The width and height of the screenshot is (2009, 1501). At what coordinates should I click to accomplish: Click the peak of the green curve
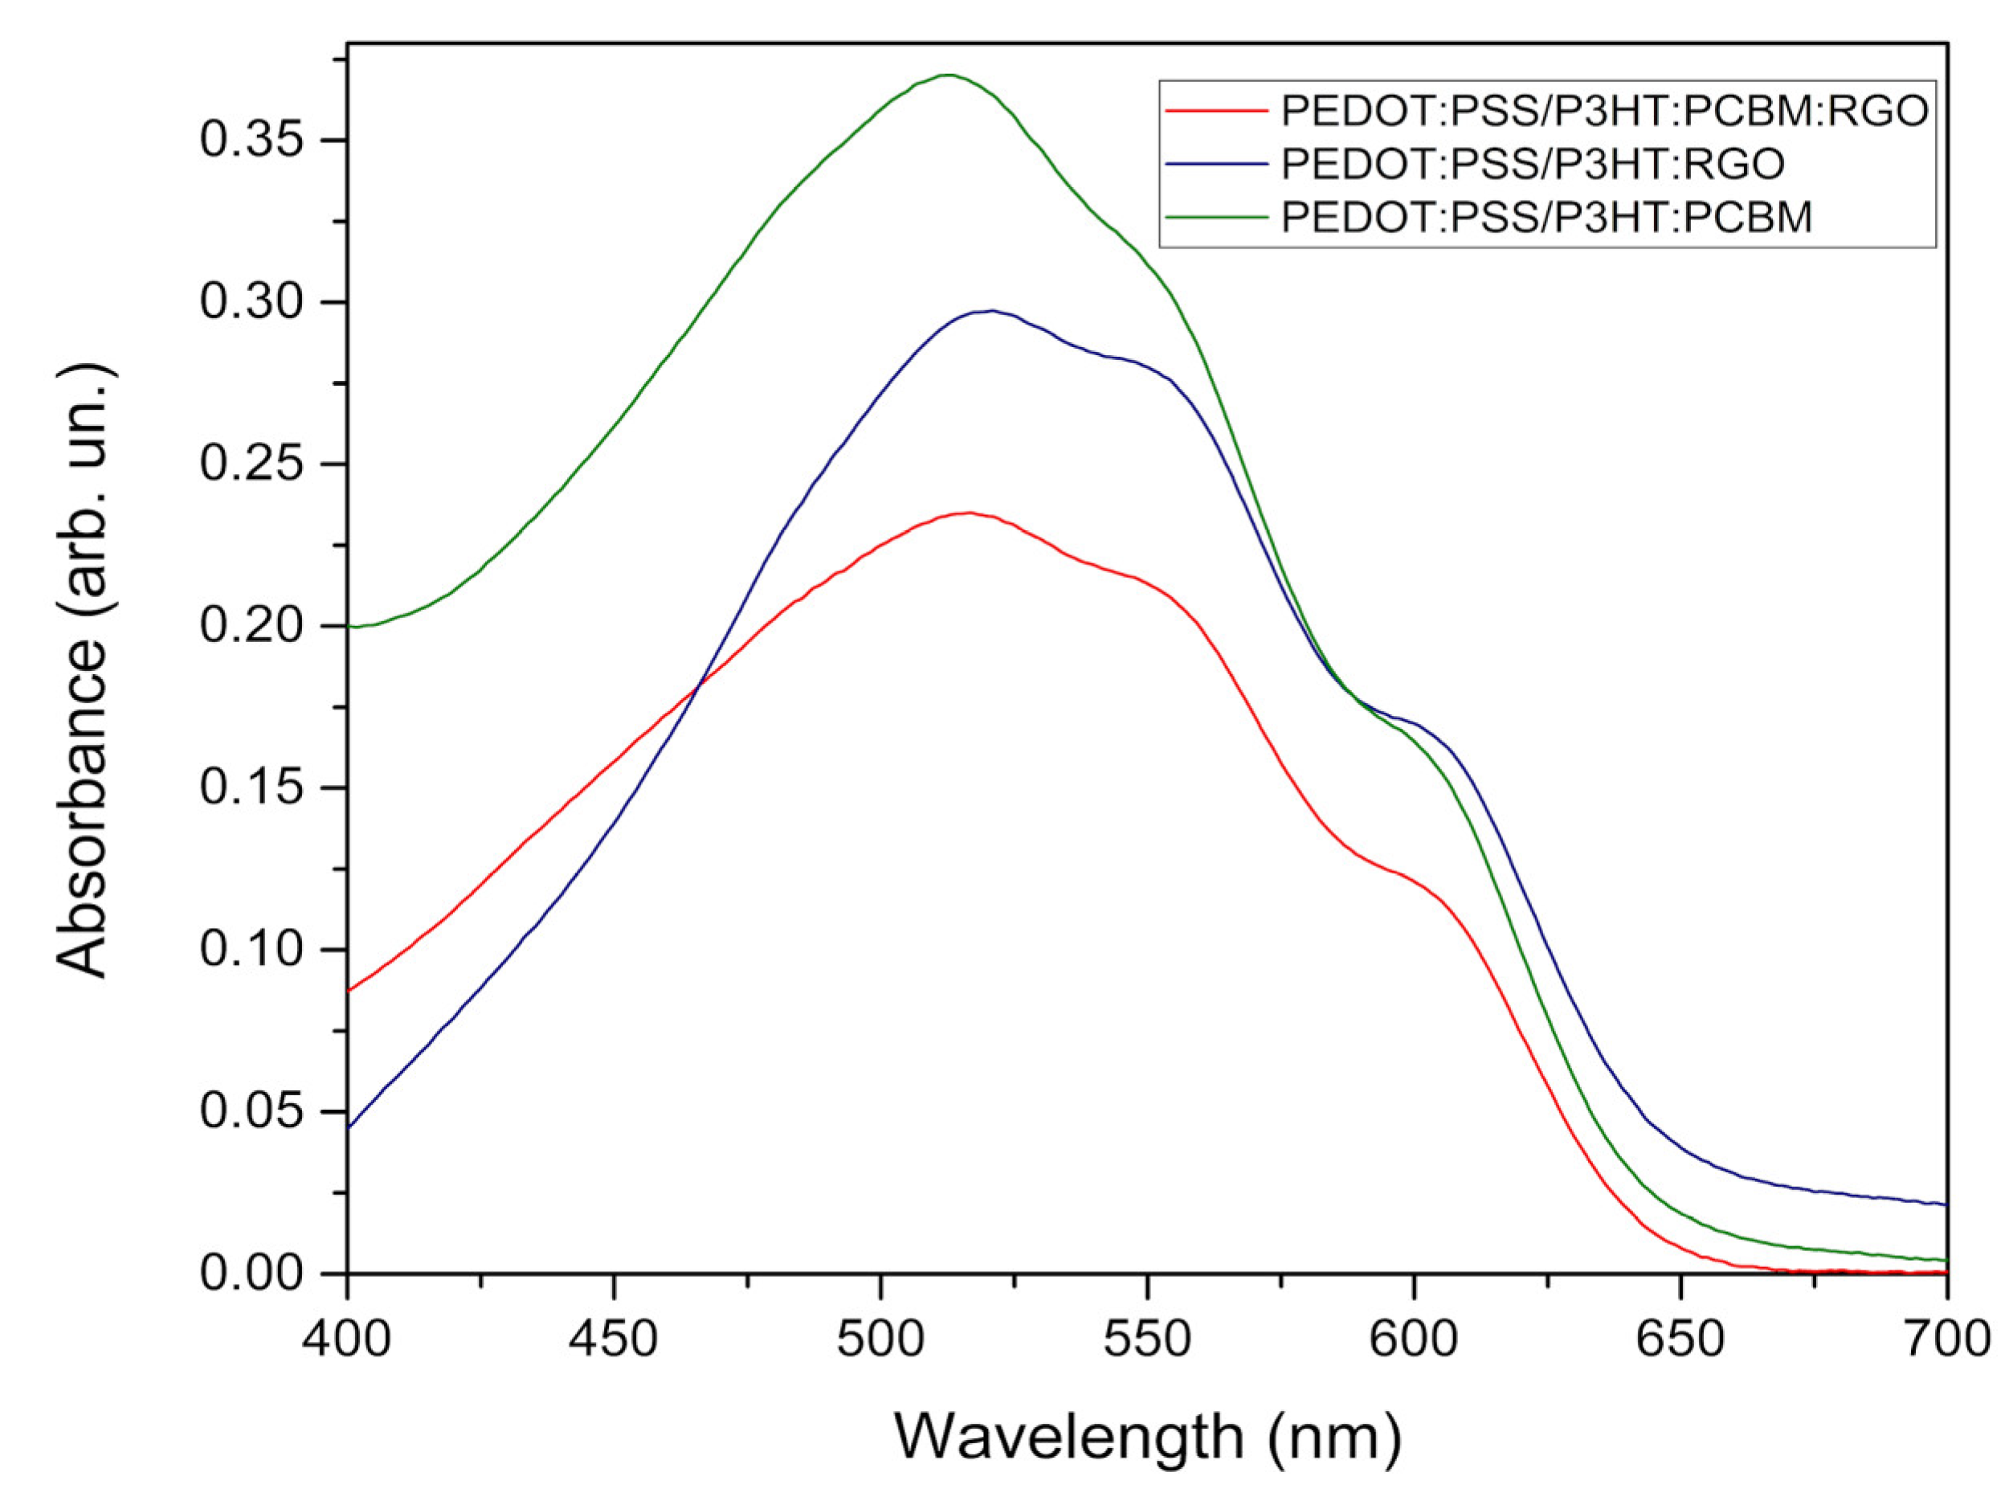pyautogui.click(x=948, y=76)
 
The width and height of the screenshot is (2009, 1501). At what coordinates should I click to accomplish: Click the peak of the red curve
pyautogui.click(x=970, y=513)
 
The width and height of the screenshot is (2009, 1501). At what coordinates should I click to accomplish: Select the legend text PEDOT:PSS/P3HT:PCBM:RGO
pyautogui.click(x=1604, y=111)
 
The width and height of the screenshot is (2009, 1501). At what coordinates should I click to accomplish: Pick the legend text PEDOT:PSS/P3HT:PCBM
pyautogui.click(x=1546, y=217)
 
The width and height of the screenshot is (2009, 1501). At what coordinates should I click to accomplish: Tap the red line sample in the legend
pyautogui.click(x=1215, y=111)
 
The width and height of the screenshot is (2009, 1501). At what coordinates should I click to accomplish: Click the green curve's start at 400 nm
pyautogui.click(x=350, y=627)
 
